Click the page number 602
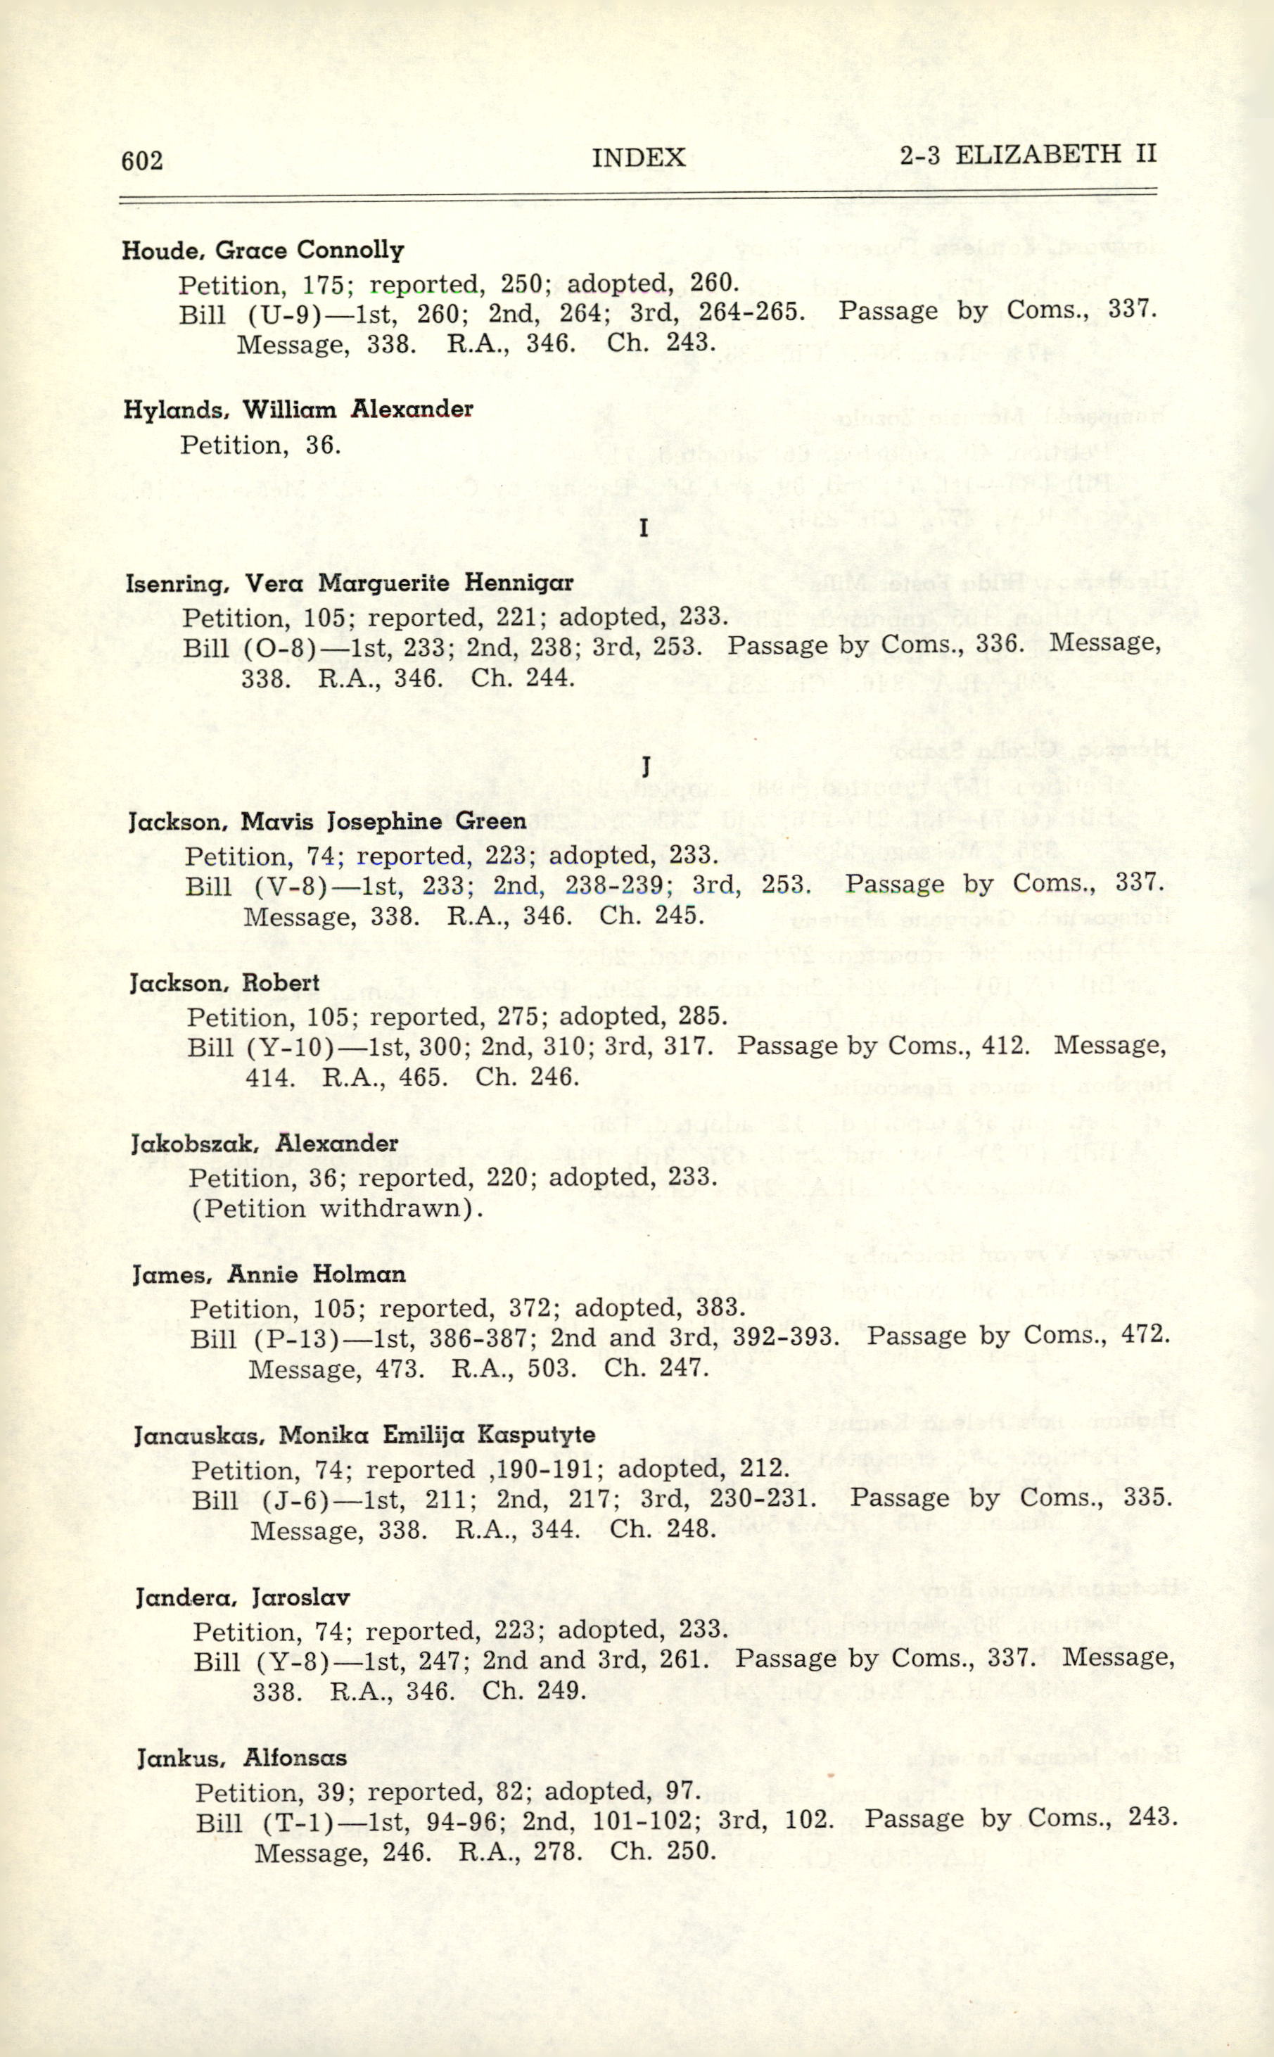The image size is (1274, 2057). (142, 160)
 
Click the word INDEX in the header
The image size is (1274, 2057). (638, 158)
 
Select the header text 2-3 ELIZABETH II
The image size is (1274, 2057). (1027, 154)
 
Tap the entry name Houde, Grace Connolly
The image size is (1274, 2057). (263, 251)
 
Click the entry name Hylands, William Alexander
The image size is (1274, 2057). (298, 410)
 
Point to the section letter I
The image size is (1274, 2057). (644, 529)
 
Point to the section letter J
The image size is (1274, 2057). (645, 767)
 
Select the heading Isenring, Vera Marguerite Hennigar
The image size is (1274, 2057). (349, 583)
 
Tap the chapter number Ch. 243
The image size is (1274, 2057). (661, 343)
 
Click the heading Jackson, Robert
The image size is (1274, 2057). (224, 982)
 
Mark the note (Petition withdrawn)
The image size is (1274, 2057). (336, 1208)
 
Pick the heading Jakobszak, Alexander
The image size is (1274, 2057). (265, 1144)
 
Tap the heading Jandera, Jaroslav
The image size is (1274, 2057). (243, 1597)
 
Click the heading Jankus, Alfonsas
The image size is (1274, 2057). (242, 1759)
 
